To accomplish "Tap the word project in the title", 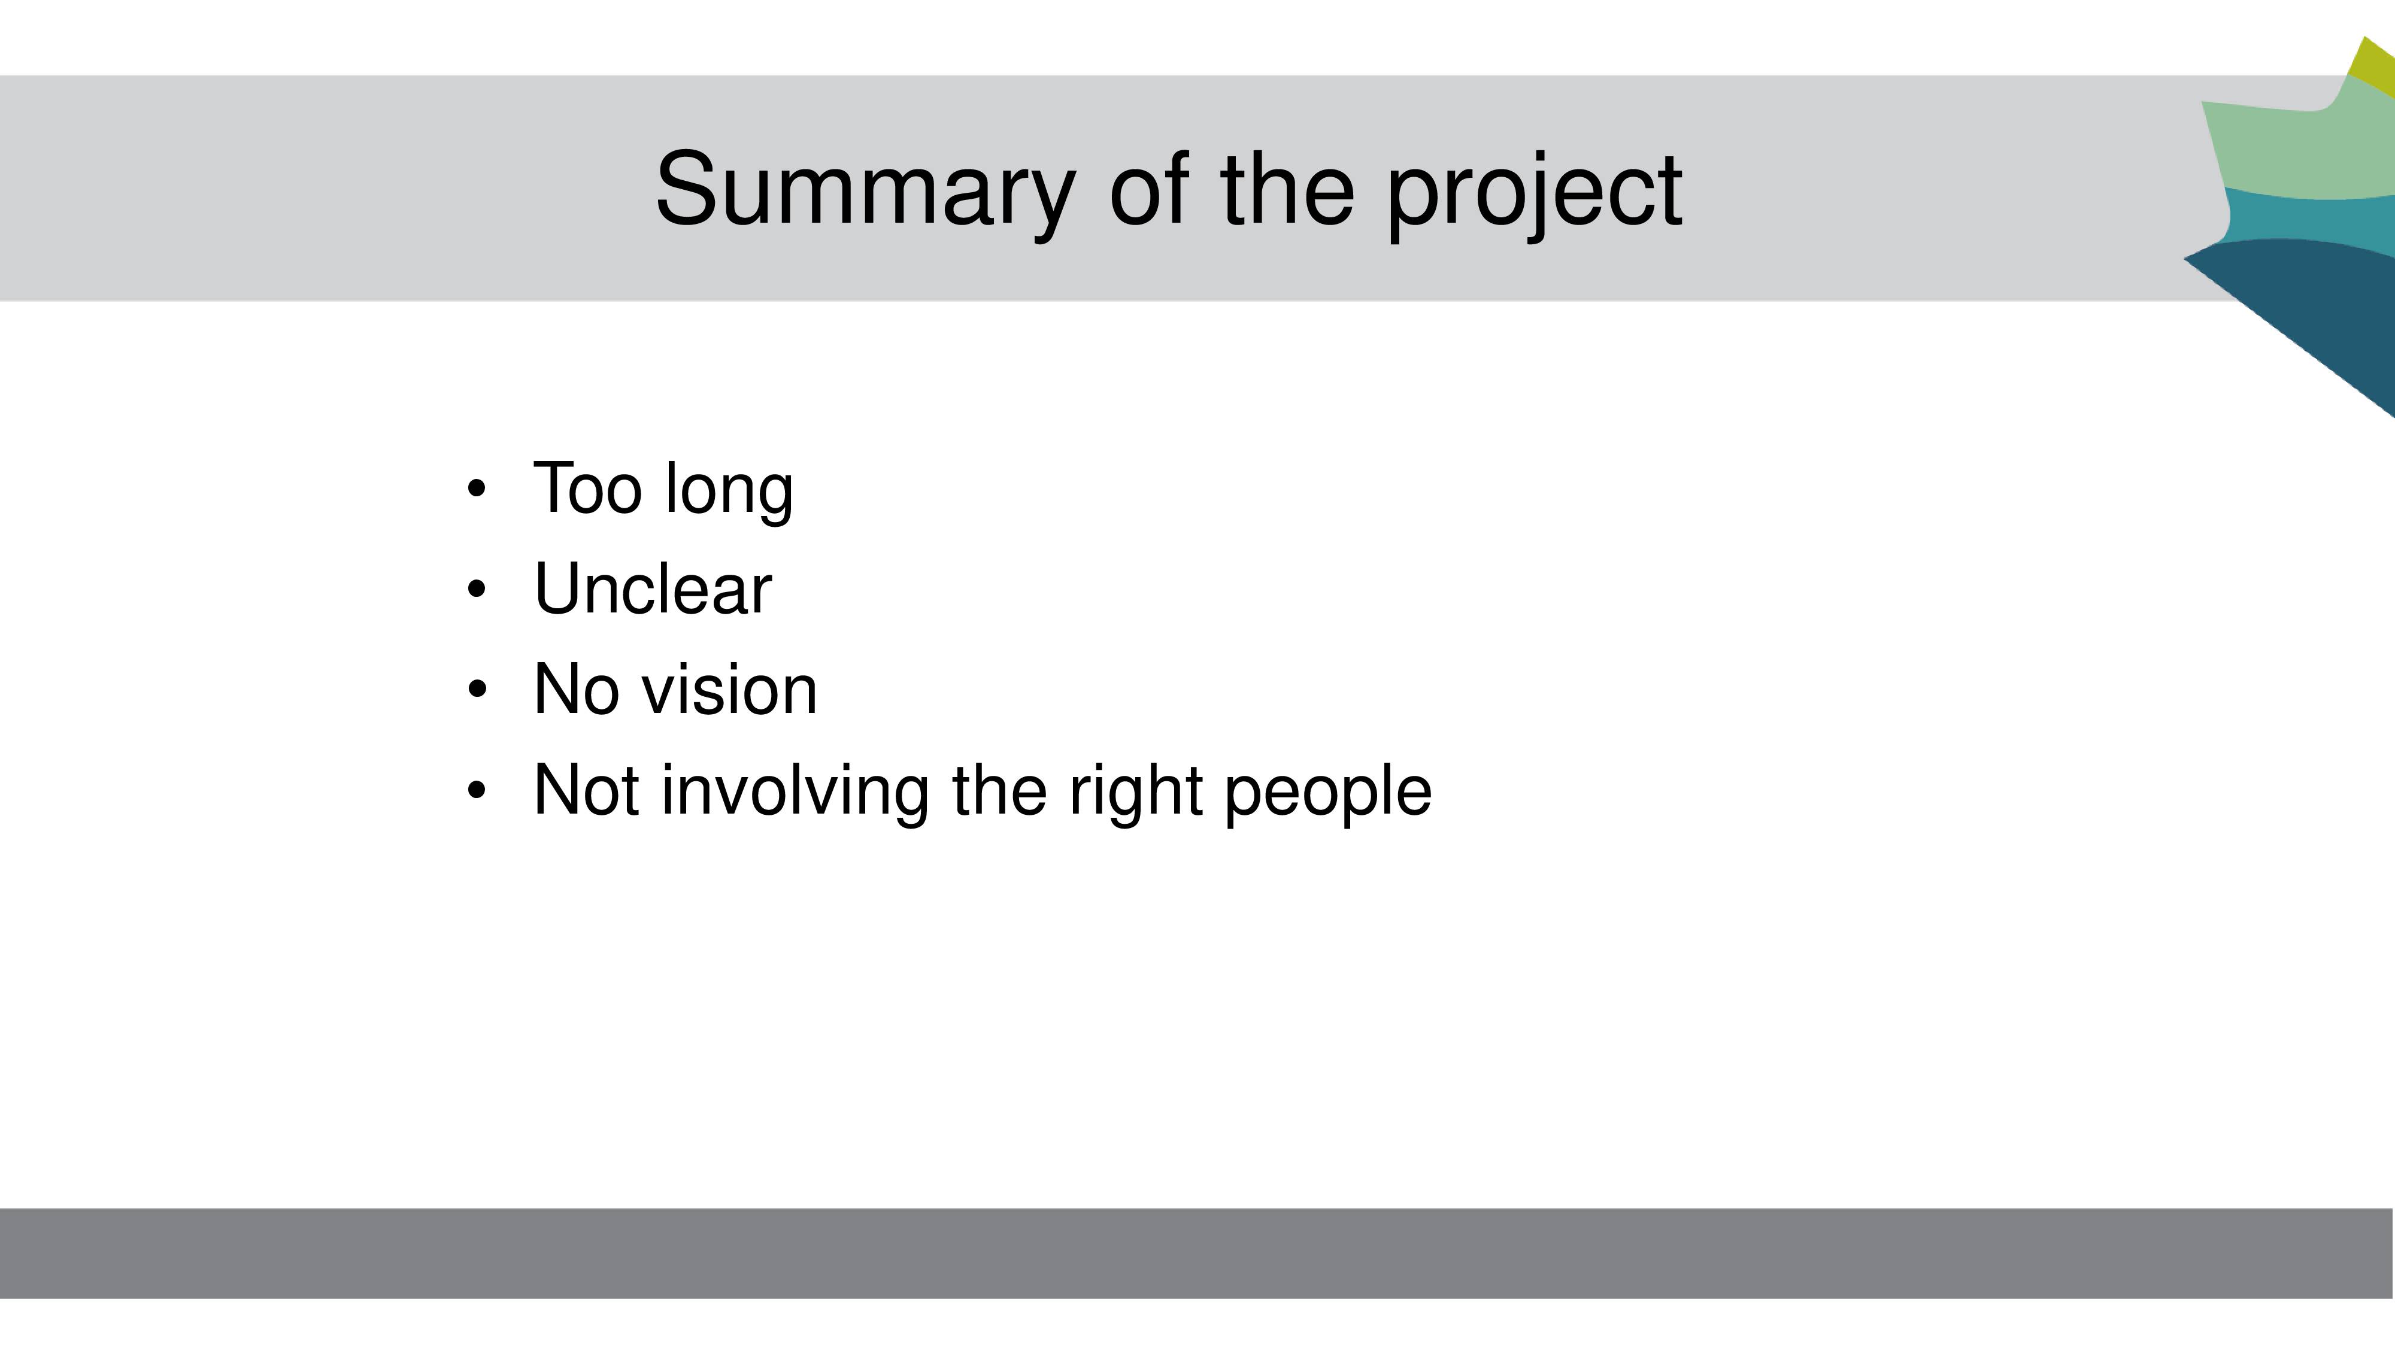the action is click(1534, 192).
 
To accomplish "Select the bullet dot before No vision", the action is click(477, 689).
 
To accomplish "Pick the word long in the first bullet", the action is click(729, 491).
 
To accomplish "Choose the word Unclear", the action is click(653, 588).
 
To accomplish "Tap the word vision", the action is click(730, 689).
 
